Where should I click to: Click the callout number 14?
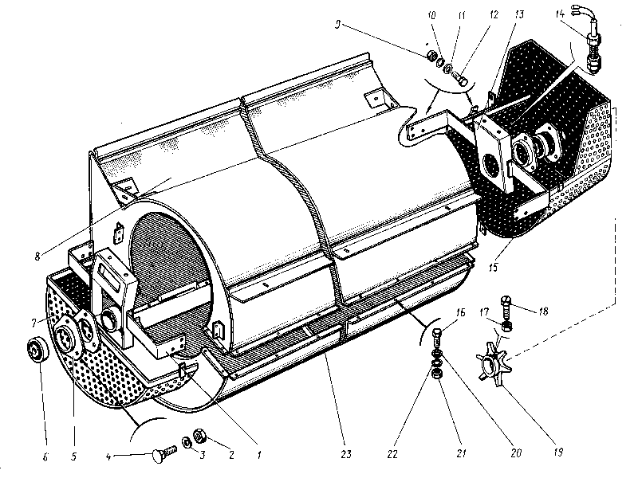(x=559, y=12)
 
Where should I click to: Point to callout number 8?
(x=37, y=257)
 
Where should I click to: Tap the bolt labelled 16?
(x=438, y=335)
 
